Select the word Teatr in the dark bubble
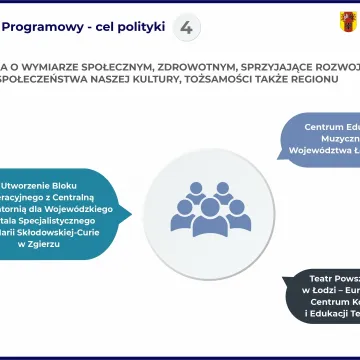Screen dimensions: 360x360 [x=319, y=280]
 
